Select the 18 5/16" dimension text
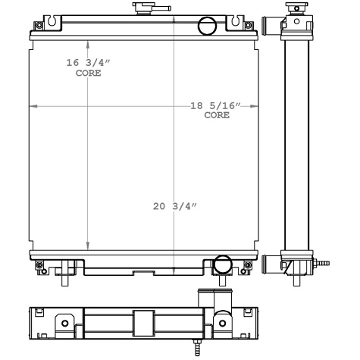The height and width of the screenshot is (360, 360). pyautogui.click(x=216, y=106)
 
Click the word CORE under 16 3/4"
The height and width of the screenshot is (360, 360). pyautogui.click(x=88, y=74)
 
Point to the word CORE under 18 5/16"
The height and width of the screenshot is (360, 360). pyautogui.click(x=216, y=116)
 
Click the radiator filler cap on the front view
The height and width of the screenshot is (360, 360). pyautogui.click(x=142, y=8)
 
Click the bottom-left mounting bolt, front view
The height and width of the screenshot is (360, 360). pyautogui.click(x=39, y=264)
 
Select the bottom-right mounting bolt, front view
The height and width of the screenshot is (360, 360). pyautogui.click(x=246, y=264)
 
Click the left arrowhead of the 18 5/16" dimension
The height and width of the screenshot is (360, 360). pyautogui.click(x=32, y=106)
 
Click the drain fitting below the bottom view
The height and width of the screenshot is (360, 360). pyautogui.click(x=198, y=347)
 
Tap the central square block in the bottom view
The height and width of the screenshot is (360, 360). pyautogui.click(x=142, y=321)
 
